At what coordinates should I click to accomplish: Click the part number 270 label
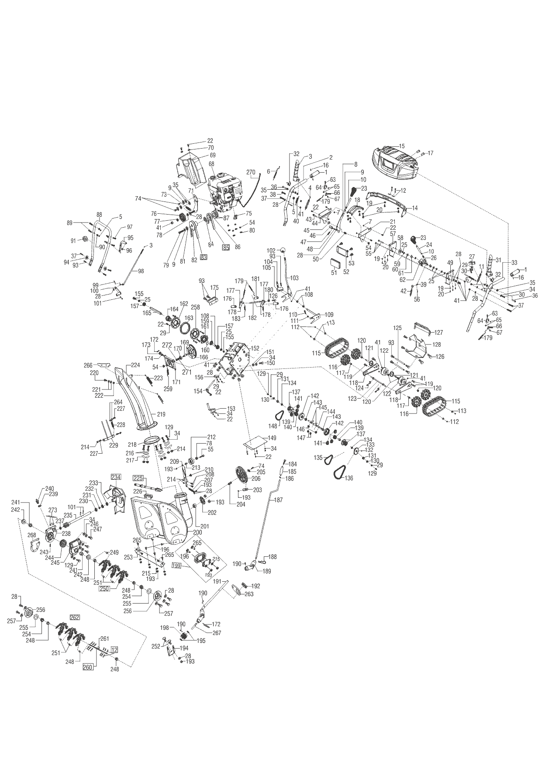[250, 172]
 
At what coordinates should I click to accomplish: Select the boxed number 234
[116, 477]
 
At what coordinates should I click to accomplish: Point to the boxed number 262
[75, 618]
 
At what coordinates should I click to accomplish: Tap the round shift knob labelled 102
[283, 251]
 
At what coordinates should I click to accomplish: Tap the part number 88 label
[99, 215]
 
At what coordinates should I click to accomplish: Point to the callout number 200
[197, 533]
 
